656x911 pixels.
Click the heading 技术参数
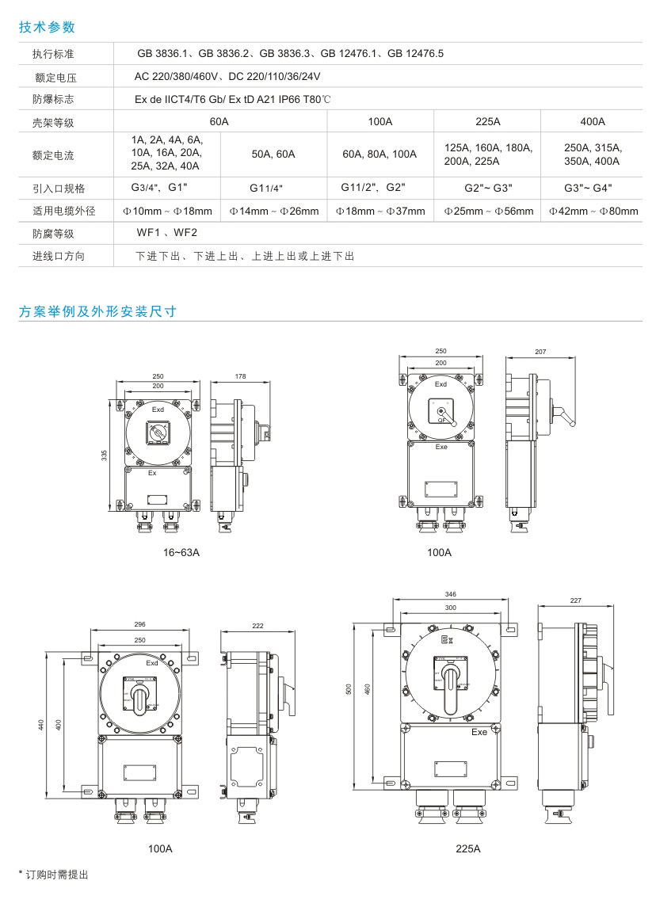click(47, 27)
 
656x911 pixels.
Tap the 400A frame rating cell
click(592, 121)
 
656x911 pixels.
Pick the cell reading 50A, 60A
click(273, 154)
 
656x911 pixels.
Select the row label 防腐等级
click(53, 234)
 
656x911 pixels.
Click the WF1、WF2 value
click(167, 233)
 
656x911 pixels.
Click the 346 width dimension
click(450, 593)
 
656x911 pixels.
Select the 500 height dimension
click(349, 690)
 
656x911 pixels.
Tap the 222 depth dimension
click(257, 626)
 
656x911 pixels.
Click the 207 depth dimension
click(541, 351)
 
